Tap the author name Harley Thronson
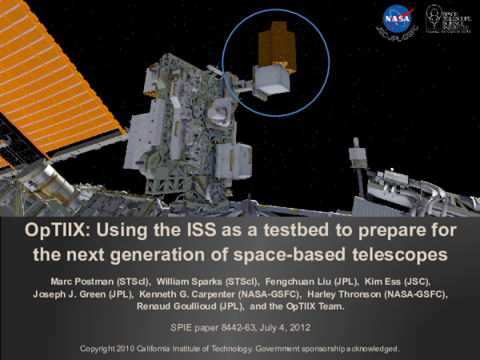click(343, 294)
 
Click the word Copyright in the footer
click(101, 350)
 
